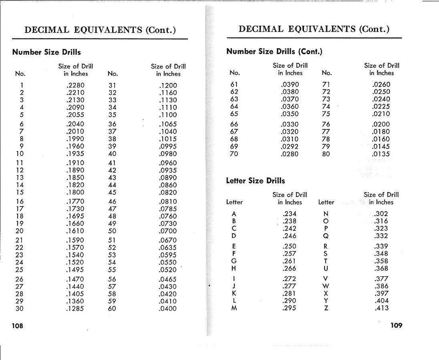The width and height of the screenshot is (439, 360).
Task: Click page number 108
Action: tap(18, 326)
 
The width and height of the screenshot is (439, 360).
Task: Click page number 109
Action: tap(396, 325)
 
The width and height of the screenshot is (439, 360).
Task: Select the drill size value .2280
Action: tap(75, 85)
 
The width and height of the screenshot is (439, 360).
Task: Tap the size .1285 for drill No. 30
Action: tap(75, 308)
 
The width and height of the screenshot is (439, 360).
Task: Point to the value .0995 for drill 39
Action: tap(168, 146)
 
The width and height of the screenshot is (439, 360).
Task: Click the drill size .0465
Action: tap(168, 279)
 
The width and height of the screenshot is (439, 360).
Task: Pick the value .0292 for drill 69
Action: tap(290, 146)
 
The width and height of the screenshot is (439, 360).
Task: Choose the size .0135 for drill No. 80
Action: tap(381, 154)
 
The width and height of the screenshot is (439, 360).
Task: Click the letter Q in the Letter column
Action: tap(326, 236)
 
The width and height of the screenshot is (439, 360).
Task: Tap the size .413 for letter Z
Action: tap(381, 308)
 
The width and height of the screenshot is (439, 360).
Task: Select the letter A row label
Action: tap(234, 214)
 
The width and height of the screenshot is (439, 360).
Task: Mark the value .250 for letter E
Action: tap(290, 246)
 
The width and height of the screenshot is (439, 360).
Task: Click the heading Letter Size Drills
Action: tap(256, 181)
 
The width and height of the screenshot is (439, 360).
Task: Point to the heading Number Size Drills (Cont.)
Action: tap(274, 51)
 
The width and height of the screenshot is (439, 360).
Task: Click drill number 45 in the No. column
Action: tap(112, 192)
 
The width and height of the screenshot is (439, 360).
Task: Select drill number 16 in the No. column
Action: tap(20, 201)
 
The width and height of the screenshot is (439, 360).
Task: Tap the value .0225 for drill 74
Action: tap(381, 106)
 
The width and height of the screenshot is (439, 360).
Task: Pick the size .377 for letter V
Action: tap(381, 279)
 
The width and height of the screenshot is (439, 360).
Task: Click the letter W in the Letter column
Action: tap(326, 286)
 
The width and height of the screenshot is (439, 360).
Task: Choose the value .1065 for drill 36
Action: tap(168, 124)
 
